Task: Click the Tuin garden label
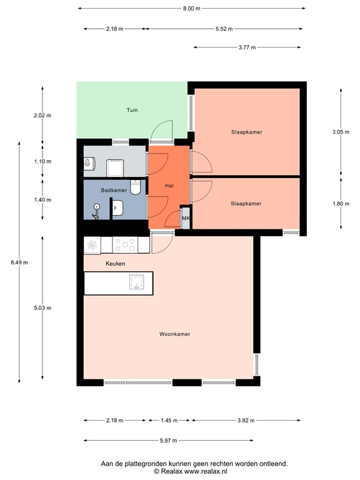click(132, 110)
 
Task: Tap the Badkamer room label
click(115, 190)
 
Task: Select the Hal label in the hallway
click(169, 186)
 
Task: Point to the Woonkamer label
click(174, 334)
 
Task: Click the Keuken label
click(115, 264)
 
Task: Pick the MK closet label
click(186, 217)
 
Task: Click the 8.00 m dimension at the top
click(192, 9)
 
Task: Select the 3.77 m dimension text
click(247, 47)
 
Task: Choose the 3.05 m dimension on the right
click(341, 132)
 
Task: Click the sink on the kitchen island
click(136, 284)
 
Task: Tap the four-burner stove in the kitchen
click(124, 245)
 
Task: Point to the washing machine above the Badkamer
click(115, 167)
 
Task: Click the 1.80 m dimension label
click(341, 203)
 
